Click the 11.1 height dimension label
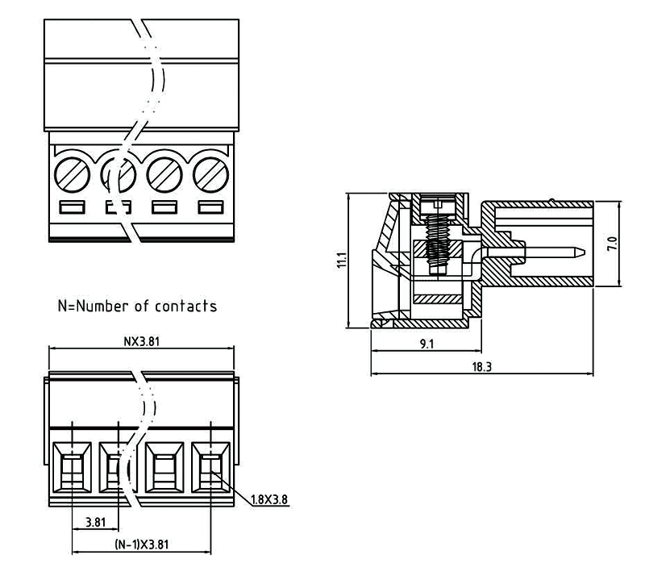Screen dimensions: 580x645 tap(341, 261)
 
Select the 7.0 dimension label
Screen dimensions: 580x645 tap(612, 244)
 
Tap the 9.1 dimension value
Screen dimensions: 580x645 tap(427, 344)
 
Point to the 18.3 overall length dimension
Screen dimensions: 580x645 tap(481, 366)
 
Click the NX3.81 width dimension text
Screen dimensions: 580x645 tap(142, 340)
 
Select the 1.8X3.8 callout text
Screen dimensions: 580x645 tap(269, 499)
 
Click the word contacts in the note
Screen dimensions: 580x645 tap(185, 307)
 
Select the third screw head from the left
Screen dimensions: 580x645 tap(164, 172)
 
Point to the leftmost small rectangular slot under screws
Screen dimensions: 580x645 tap(72, 207)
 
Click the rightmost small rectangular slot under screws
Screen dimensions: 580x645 tap(211, 207)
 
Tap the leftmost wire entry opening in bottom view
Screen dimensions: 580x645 tap(73, 469)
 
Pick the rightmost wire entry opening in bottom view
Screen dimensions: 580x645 tap(211, 469)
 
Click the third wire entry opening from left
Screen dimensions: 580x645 tap(165, 469)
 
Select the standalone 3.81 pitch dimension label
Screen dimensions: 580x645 tap(95, 521)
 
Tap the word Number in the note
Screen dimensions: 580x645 tap(103, 307)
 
